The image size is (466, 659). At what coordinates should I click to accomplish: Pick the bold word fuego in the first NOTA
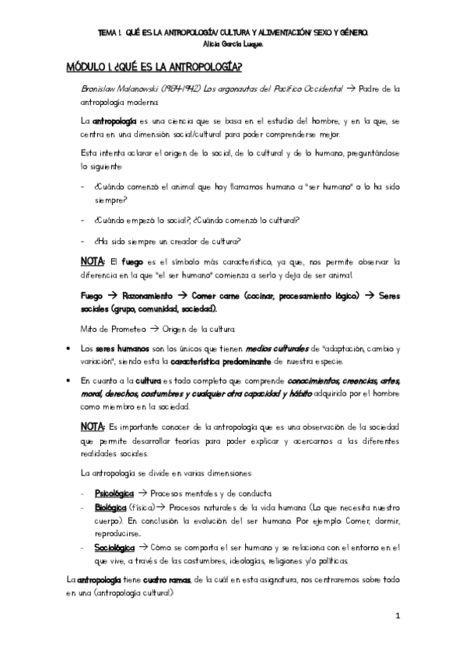[x=131, y=261]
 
